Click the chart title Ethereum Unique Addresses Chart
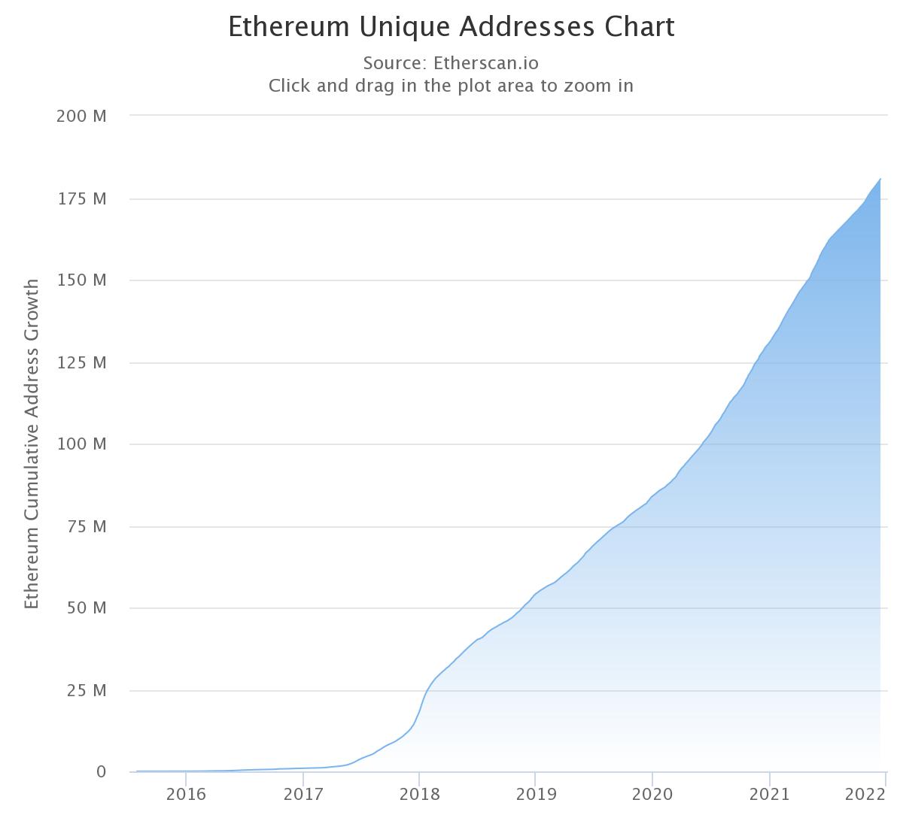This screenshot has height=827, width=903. click(x=451, y=27)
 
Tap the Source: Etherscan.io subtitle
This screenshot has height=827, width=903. click(x=451, y=62)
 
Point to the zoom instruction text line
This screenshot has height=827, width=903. click(x=451, y=86)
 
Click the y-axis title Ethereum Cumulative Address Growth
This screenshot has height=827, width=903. click(x=32, y=444)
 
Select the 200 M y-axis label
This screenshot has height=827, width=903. click(x=81, y=116)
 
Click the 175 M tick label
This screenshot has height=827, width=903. click(x=81, y=198)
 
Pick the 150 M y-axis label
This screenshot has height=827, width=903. click(x=81, y=280)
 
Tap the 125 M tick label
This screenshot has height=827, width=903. click(x=81, y=362)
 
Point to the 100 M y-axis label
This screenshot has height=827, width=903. click(x=81, y=444)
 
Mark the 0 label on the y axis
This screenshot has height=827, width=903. click(x=101, y=772)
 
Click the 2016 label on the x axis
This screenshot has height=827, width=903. click(x=186, y=795)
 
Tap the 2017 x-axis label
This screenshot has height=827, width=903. click(x=303, y=795)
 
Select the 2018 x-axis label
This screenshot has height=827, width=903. click(x=420, y=795)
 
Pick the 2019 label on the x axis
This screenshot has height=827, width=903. click(x=536, y=795)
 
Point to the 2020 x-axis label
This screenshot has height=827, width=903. click(x=652, y=795)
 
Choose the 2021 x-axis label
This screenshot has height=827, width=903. click(x=770, y=795)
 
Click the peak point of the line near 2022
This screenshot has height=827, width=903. click(x=880, y=179)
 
